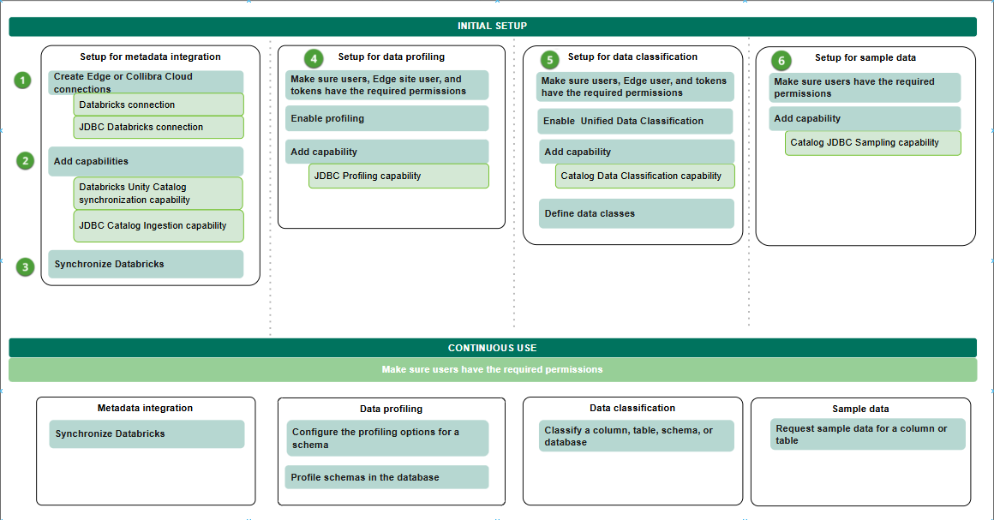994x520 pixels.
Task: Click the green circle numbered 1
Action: (x=23, y=81)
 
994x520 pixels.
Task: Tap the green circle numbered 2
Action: (x=26, y=161)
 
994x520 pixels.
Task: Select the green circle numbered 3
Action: (x=26, y=267)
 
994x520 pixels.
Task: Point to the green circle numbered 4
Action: (x=314, y=59)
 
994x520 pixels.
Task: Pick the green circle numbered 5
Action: (x=549, y=60)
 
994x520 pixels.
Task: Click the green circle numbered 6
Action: (x=781, y=61)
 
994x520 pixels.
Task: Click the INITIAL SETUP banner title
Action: (x=493, y=26)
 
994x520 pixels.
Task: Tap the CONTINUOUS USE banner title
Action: (x=493, y=348)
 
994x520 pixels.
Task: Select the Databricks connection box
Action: (x=159, y=105)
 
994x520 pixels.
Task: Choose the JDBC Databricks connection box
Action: (x=159, y=127)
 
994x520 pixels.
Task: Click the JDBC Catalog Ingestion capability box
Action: (x=159, y=226)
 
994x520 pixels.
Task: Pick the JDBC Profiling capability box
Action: (x=398, y=176)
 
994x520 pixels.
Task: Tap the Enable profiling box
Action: (x=386, y=118)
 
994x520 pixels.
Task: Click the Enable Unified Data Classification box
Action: (x=635, y=121)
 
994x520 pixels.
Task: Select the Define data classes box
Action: (x=637, y=213)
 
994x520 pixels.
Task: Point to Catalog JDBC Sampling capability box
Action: (x=873, y=143)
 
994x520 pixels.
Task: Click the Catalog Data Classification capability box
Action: (x=644, y=176)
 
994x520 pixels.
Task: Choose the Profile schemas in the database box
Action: (x=386, y=477)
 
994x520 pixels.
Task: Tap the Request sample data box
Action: (x=868, y=434)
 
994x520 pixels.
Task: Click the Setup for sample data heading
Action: (x=865, y=57)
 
